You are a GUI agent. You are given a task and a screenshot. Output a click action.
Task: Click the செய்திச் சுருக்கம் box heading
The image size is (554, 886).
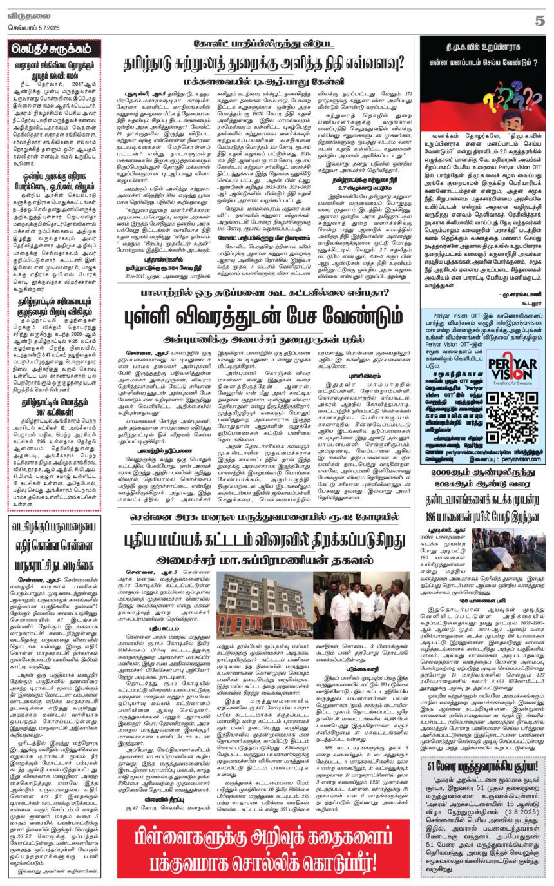(x=54, y=48)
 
